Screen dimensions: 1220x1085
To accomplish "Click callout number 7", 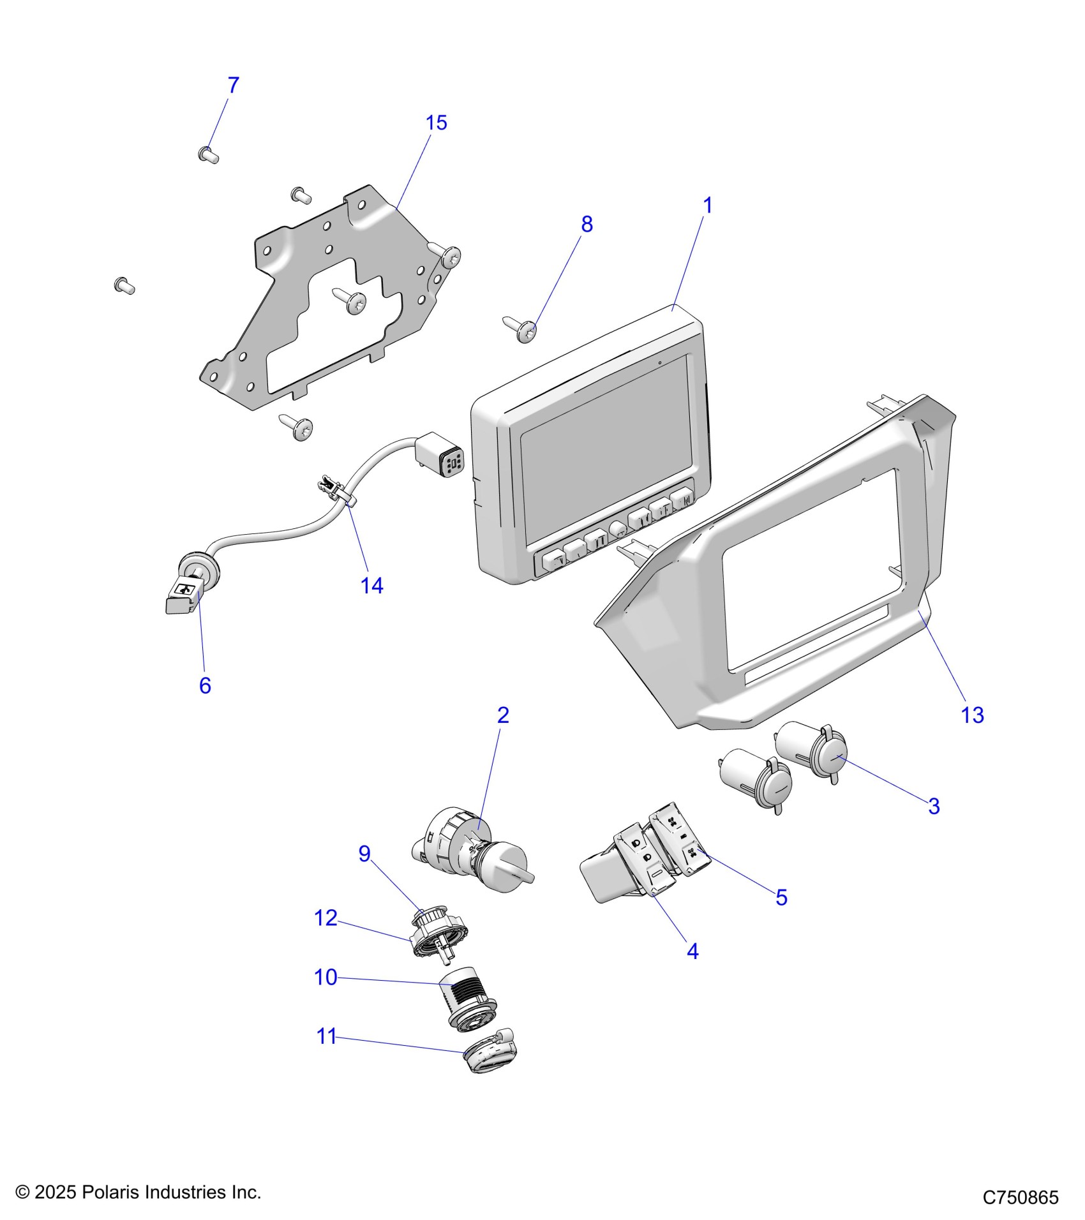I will (x=233, y=85).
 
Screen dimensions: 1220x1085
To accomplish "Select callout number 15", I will (x=437, y=123).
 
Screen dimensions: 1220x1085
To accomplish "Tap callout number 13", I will (x=972, y=715).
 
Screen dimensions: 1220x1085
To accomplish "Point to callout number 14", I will (x=371, y=585).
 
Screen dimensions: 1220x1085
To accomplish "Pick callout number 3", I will (x=934, y=806).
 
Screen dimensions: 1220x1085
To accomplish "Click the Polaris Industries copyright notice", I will (x=138, y=1192).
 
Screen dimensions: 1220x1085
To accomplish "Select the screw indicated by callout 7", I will (x=208, y=154).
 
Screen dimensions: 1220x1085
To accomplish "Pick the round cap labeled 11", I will (x=488, y=1053).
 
